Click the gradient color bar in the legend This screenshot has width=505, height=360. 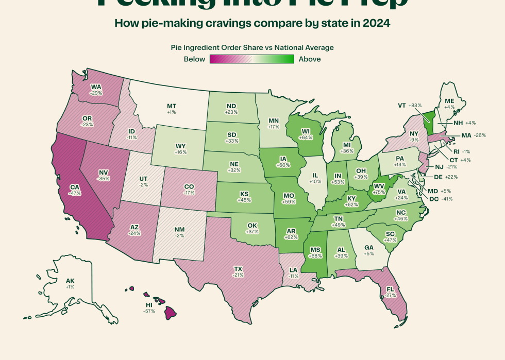(252, 59)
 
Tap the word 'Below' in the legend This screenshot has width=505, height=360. (195, 59)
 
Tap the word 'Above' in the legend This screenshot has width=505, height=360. (310, 59)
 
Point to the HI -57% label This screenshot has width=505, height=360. (149, 308)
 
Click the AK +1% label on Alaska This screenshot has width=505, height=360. (70, 283)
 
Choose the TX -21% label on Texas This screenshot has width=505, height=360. (238, 272)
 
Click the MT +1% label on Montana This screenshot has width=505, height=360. (172, 109)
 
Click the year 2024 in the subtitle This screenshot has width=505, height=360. (376, 23)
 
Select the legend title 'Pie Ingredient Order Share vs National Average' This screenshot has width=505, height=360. (252, 47)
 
